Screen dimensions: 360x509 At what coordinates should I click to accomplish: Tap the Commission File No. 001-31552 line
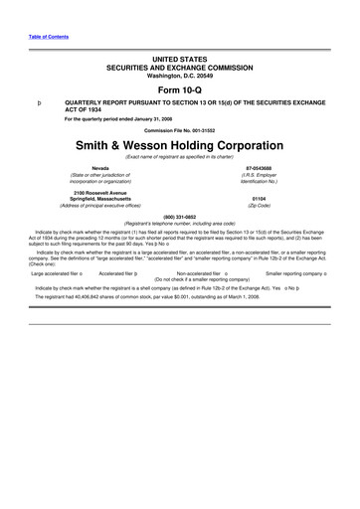coord(179,130)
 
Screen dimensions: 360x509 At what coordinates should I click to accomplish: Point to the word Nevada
coord(100,168)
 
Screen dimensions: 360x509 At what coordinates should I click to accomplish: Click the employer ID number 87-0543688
coord(258,168)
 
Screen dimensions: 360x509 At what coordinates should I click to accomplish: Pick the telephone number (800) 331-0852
coord(179,216)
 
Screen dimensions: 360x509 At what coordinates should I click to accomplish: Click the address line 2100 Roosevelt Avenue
coord(100,190)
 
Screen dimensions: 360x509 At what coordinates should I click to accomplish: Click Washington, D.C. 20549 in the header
coord(179,75)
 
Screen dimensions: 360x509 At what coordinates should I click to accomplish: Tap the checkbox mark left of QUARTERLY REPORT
coord(38,102)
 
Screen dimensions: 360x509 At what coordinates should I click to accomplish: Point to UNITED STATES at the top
coord(179,60)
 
